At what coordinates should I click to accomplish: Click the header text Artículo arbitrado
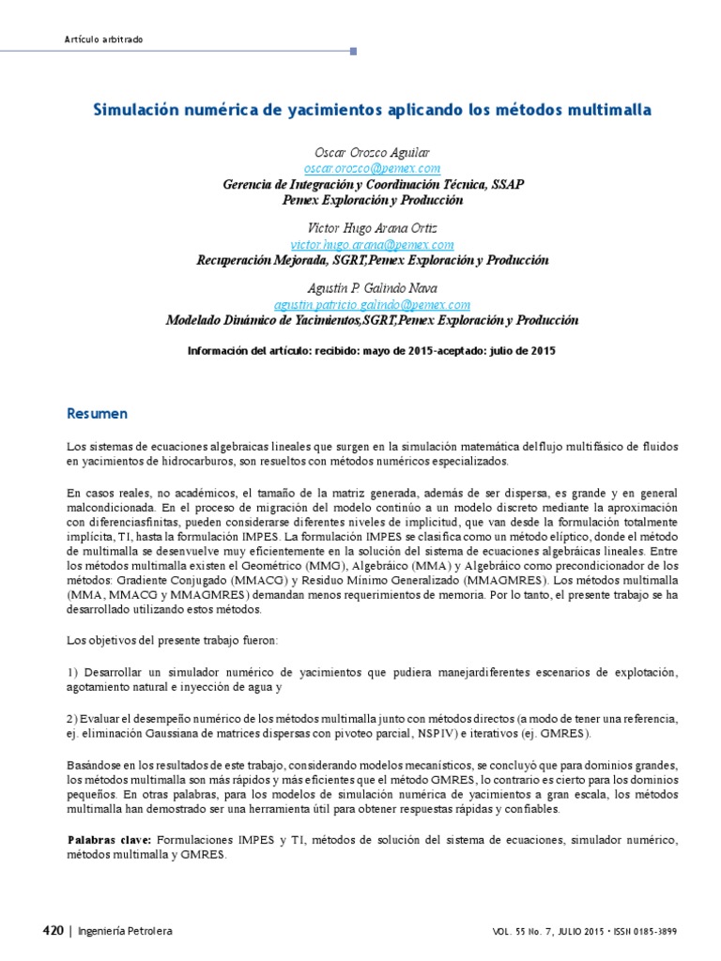103,38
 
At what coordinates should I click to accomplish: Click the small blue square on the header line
353,52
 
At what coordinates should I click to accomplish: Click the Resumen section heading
97,414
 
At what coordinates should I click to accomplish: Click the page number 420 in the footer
53,931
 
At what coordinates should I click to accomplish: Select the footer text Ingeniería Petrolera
125,931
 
